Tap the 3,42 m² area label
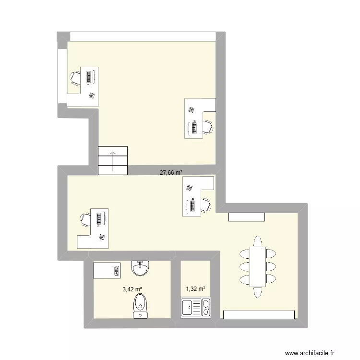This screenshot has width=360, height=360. pyautogui.click(x=132, y=289)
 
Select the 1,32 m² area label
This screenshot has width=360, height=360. pyautogui.click(x=195, y=289)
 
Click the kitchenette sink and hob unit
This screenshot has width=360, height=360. pyautogui.click(x=195, y=307)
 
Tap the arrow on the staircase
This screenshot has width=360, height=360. pyautogui.click(x=113, y=160)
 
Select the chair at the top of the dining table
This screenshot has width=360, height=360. pyautogui.click(x=258, y=240)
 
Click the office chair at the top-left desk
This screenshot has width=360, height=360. pyautogui.click(x=76, y=77)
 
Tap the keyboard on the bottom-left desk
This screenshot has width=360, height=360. pyautogui.click(x=99, y=218)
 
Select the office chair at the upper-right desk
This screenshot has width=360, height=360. pyautogui.click(x=207, y=127)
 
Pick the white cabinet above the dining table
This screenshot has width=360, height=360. pyautogui.click(x=247, y=217)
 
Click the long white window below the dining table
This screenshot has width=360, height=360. pyautogui.click(x=259, y=314)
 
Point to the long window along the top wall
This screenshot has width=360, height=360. pyautogui.click(x=143, y=36)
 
